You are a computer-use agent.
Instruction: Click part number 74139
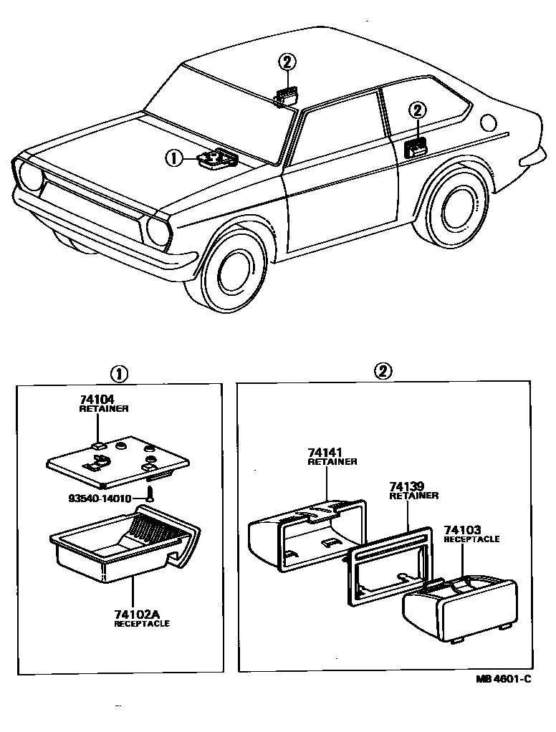405,486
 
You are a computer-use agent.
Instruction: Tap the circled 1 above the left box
118,372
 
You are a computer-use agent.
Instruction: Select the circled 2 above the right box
384,370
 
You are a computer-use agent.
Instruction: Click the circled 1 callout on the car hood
174,158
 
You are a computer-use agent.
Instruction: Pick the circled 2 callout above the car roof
287,62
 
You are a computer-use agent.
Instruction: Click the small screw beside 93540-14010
151,494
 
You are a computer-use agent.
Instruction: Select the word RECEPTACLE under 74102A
142,624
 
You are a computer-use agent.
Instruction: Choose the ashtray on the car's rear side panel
416,148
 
